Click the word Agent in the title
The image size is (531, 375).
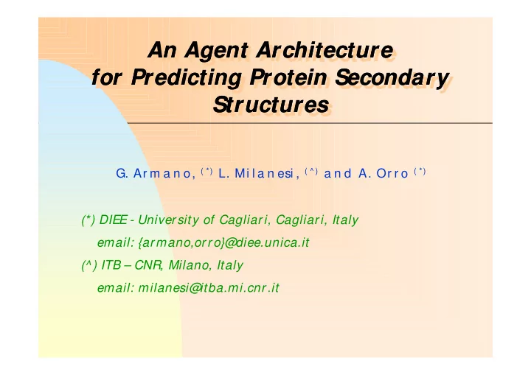coord(217,51)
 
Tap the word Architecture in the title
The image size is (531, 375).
coord(324,49)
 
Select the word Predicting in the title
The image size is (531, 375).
coord(187,78)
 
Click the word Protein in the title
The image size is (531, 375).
coord(288,77)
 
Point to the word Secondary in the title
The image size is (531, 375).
coord(392,78)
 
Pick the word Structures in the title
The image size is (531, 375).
coord(271,105)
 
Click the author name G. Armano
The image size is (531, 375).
coord(156,174)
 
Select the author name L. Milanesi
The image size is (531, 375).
coord(259,174)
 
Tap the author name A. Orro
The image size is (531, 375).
coord(383,174)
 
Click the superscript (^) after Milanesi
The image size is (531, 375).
coord(311,171)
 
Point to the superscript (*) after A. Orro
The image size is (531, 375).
coord(420,171)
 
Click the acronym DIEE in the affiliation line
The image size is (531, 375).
coord(113,220)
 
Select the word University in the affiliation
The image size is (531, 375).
coord(168,220)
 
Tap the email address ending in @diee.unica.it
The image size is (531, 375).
coord(224,242)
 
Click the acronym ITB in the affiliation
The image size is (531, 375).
coord(111,265)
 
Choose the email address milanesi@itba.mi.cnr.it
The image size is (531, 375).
coord(209,287)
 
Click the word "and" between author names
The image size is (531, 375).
coord(338,174)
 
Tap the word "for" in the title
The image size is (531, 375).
coord(106,77)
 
